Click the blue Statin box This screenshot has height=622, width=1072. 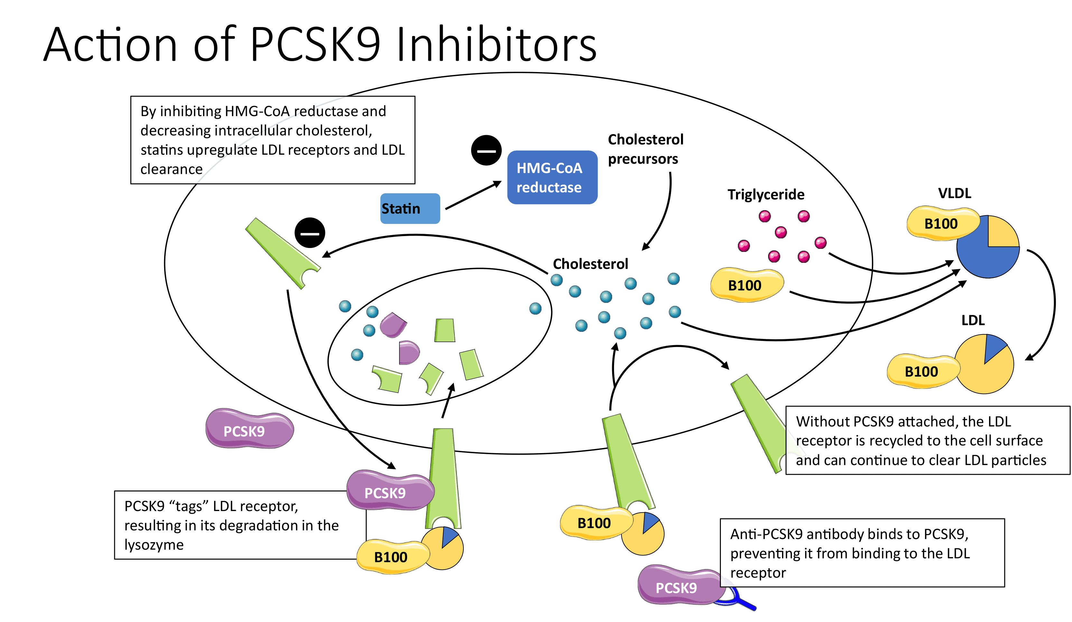tap(410, 208)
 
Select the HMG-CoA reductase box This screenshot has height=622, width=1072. tap(552, 177)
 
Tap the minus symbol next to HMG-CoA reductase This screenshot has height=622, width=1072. tap(486, 151)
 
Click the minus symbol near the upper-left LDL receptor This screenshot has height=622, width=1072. tap(310, 233)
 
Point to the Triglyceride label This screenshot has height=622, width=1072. tap(766, 194)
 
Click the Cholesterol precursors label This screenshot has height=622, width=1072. tap(645, 149)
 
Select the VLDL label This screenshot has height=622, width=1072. tap(955, 193)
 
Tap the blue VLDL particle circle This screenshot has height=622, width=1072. tap(988, 247)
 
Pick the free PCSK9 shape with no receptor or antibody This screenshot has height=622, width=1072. tap(249, 429)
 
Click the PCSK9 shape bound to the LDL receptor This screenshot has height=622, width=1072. tap(390, 490)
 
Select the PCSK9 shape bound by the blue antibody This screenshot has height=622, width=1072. tap(681, 585)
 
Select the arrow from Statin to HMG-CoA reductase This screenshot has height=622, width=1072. tap(473, 195)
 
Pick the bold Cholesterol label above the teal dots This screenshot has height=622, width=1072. tap(591, 264)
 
